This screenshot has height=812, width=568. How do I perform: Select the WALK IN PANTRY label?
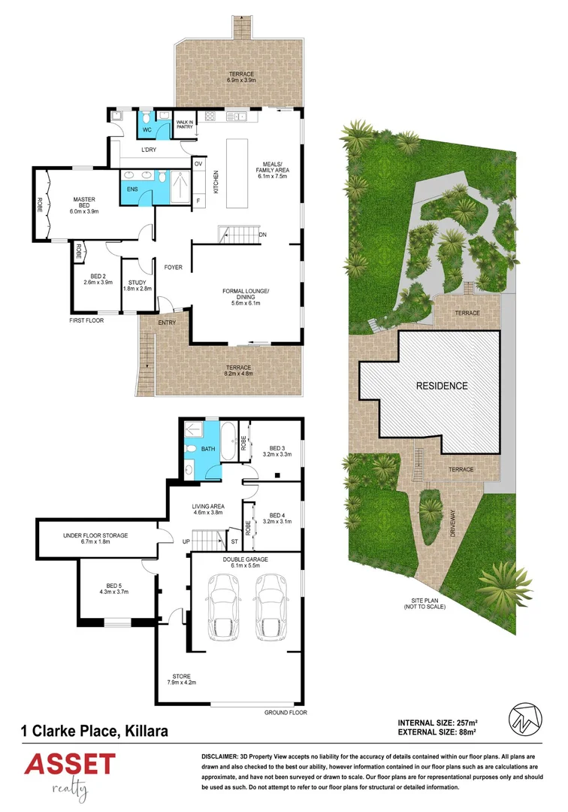tap(184, 125)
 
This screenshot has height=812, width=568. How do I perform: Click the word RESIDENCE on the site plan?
tap(442, 386)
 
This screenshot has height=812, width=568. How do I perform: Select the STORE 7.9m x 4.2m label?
tap(182, 680)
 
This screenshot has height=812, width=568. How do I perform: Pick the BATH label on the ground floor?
tap(208, 449)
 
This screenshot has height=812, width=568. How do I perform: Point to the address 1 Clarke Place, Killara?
tap(94, 730)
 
